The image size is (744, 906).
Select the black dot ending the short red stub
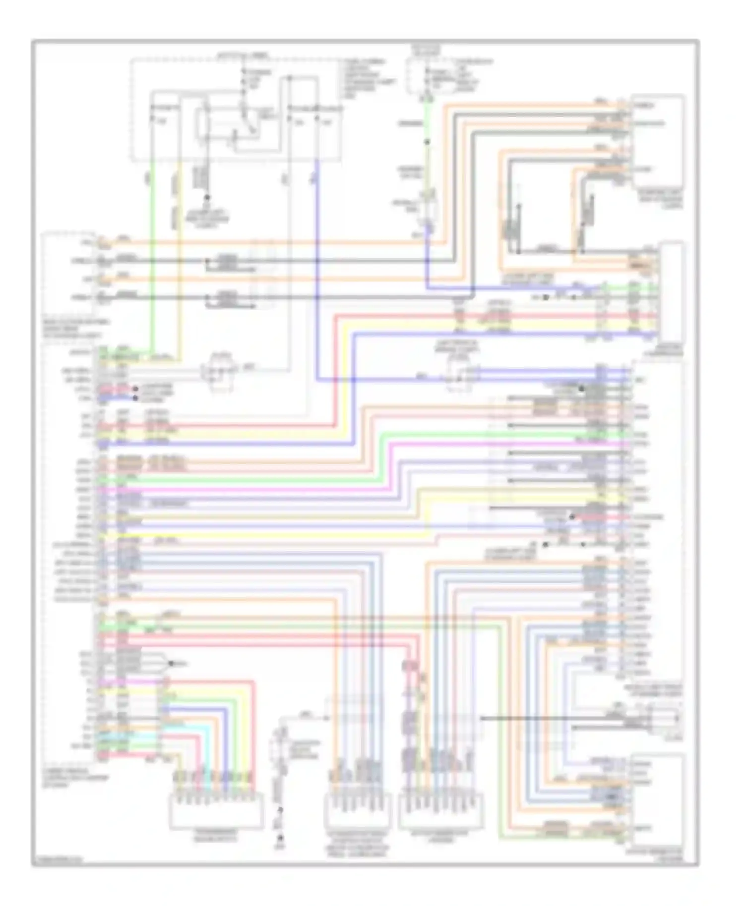click(x=135, y=389)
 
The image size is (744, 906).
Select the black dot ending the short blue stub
click(x=135, y=398)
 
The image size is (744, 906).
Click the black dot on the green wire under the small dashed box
click(x=427, y=142)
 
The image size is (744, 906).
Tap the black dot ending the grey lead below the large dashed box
click(x=208, y=197)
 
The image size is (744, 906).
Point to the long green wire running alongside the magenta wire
click(x=248, y=480)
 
